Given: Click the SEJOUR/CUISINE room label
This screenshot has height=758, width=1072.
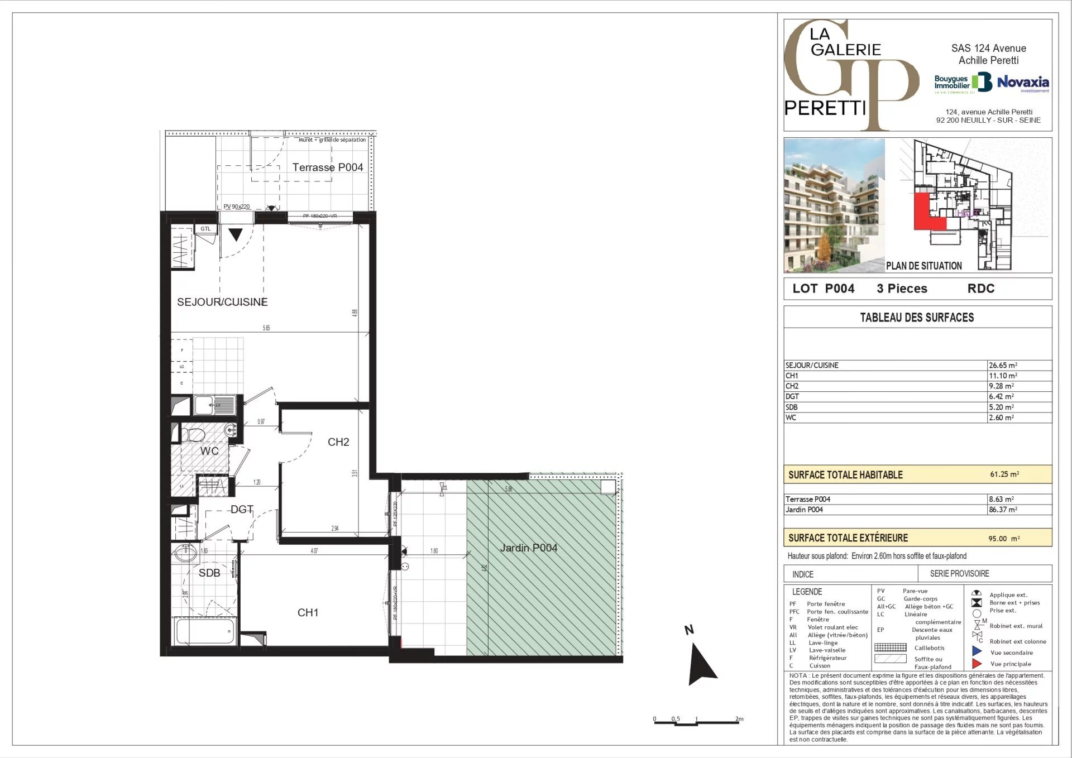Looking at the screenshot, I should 222,302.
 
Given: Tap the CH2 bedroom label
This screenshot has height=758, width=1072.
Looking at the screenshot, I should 338,442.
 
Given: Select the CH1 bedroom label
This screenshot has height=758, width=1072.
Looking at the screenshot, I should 308,612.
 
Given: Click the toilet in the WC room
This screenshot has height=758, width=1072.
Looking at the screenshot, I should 193,434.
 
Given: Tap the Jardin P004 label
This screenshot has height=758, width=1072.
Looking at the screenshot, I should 528,548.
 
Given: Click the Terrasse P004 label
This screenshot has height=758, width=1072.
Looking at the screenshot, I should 328,167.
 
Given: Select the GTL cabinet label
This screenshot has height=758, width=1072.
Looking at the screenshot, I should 205,229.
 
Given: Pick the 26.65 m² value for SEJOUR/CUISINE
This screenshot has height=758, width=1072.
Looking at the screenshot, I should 1003,365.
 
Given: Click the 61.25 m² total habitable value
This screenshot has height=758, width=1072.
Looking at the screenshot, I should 1004,474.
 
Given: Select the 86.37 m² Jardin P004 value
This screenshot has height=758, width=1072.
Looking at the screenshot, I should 1003,510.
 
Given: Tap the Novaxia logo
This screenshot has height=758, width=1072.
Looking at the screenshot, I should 1023,83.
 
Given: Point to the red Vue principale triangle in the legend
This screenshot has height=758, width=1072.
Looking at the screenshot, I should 977,664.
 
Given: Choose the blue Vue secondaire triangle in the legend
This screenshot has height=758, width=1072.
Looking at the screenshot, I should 977,651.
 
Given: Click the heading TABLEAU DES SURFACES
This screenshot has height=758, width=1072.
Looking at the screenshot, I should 917,317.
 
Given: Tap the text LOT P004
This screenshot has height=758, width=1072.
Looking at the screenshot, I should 823,289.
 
